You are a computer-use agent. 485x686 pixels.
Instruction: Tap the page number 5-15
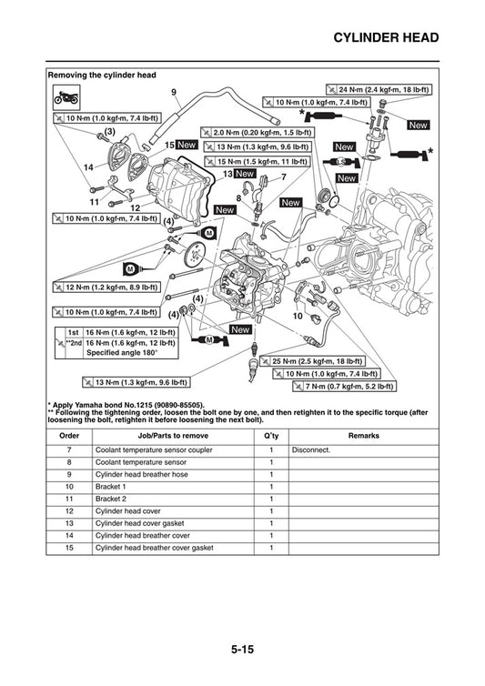pos(241,651)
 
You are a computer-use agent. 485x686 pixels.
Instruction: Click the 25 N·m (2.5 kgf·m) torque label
pos(318,361)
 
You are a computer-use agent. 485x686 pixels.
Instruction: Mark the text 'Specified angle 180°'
pos(121,352)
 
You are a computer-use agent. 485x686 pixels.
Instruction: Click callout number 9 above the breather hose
pos(174,93)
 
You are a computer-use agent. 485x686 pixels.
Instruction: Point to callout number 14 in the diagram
pos(88,167)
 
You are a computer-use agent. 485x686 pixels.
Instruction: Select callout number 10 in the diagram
pos(298,316)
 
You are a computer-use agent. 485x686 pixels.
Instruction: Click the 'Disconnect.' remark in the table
pos(310,449)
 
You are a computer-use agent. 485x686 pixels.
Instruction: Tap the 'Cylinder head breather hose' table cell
pos(142,474)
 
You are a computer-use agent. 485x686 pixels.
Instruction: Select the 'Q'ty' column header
pos(270,436)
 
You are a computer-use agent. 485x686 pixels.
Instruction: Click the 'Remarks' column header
pos(363,436)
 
